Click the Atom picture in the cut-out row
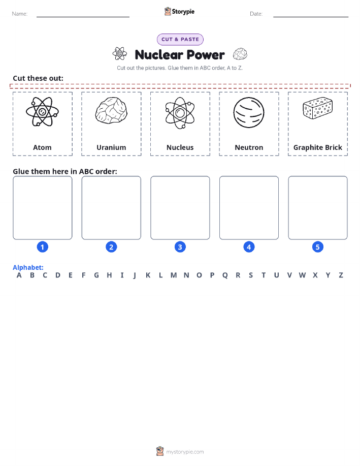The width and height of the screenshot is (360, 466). [x=42, y=112]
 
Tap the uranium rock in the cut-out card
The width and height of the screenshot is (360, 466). [x=111, y=110]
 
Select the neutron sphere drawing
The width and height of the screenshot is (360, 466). [x=249, y=113]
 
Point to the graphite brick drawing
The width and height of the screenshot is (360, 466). [x=317, y=108]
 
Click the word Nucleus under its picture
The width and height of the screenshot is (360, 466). [x=180, y=147]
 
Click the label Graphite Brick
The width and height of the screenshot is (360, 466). [x=317, y=148]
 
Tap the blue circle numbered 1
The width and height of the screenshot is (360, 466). [x=43, y=247]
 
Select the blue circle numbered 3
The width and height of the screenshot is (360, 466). [x=180, y=247]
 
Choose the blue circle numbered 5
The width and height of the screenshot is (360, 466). [x=317, y=247]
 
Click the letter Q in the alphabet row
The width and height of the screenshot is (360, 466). [x=225, y=275]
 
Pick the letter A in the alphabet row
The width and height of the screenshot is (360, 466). [x=19, y=275]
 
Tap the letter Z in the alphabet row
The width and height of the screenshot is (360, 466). [x=341, y=275]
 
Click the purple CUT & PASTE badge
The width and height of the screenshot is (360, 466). [x=180, y=40]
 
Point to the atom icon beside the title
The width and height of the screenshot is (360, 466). [x=120, y=54]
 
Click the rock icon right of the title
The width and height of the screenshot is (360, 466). [x=240, y=54]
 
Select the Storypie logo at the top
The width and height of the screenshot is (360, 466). [x=179, y=12]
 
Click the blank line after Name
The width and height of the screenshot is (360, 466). [x=83, y=17]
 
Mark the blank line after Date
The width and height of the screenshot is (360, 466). [x=311, y=17]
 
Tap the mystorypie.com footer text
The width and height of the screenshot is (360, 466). [x=185, y=452]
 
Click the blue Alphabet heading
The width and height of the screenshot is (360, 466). [x=28, y=267]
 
